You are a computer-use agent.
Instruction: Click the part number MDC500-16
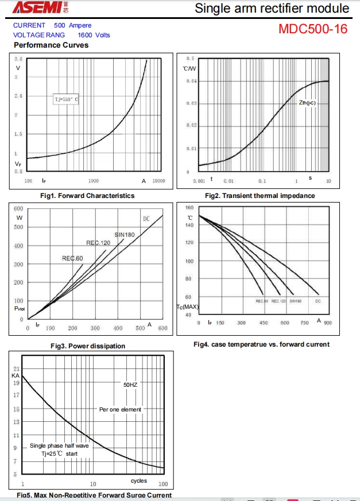coord(313,29)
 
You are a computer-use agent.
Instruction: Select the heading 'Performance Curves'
coord(51,45)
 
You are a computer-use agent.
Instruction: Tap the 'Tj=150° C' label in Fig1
coord(66,99)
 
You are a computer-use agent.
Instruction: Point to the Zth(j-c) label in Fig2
coord(307,103)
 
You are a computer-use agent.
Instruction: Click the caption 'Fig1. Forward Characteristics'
coord(87,196)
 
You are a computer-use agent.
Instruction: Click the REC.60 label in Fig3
coord(72,258)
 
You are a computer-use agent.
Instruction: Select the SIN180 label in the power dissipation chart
coord(125,235)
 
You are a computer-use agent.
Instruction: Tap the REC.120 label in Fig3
coord(98,243)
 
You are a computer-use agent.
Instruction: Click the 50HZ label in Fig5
coord(130,385)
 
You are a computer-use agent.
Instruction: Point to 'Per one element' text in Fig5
coord(120,409)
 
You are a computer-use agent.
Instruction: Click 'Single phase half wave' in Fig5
coord(59,446)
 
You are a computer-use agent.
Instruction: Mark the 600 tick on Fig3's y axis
coord(19,208)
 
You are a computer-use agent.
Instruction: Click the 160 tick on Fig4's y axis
coord(189,207)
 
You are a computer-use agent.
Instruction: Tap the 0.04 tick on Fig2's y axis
coord(192,81)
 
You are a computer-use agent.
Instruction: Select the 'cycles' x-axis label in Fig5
coord(139,481)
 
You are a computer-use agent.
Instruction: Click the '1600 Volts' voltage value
coord(94,35)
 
